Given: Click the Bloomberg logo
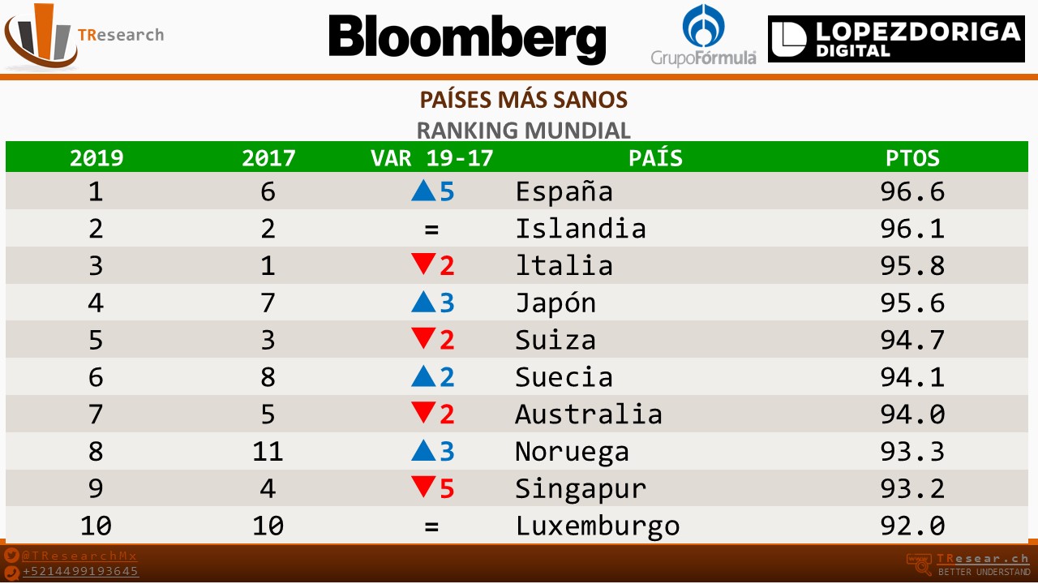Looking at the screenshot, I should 467,39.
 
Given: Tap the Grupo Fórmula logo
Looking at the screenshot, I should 703,36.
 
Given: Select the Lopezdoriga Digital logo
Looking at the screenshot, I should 896,39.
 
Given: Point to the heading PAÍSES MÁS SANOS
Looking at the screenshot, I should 523,100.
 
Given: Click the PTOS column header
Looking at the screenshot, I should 912,157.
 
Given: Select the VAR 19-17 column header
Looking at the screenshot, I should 431,157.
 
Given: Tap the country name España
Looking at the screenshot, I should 564,192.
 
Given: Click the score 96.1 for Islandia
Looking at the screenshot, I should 912,229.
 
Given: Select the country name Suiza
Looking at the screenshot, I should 555,340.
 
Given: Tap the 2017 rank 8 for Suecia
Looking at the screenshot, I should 268,377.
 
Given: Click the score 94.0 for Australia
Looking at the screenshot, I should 912,414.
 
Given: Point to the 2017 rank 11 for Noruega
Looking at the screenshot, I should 268,452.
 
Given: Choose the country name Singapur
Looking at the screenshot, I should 581,489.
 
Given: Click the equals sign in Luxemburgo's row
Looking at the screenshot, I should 431,526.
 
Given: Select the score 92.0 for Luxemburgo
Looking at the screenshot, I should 912,526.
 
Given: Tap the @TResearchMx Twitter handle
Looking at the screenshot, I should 79,556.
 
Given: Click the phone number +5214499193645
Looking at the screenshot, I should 80,571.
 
